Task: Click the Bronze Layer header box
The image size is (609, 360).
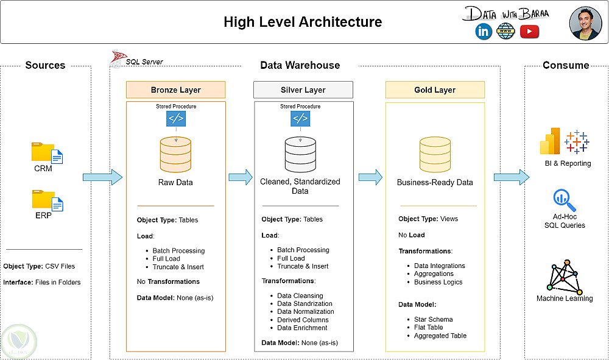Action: coord(175,90)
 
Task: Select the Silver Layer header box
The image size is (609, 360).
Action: coord(303,90)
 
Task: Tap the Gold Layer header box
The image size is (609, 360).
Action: coord(435,90)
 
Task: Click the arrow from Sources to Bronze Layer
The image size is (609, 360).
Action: coord(102,177)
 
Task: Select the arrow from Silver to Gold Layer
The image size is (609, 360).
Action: coord(370,177)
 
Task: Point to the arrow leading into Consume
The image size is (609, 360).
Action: coord(510,177)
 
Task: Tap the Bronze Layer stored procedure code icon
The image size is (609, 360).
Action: coord(176,118)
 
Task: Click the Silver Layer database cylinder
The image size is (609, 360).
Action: coord(300,154)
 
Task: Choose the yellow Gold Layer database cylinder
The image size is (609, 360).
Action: coord(435,154)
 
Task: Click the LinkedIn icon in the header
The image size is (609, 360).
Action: coord(484,32)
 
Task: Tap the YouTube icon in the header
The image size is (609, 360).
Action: coord(529,32)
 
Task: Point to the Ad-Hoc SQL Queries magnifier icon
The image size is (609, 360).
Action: coord(561,199)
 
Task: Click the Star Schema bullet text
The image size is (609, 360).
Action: coord(433,319)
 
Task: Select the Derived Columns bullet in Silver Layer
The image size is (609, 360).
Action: coord(303,320)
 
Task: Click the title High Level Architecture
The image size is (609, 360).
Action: coord(303,23)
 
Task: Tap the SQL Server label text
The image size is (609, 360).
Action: coord(144,62)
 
